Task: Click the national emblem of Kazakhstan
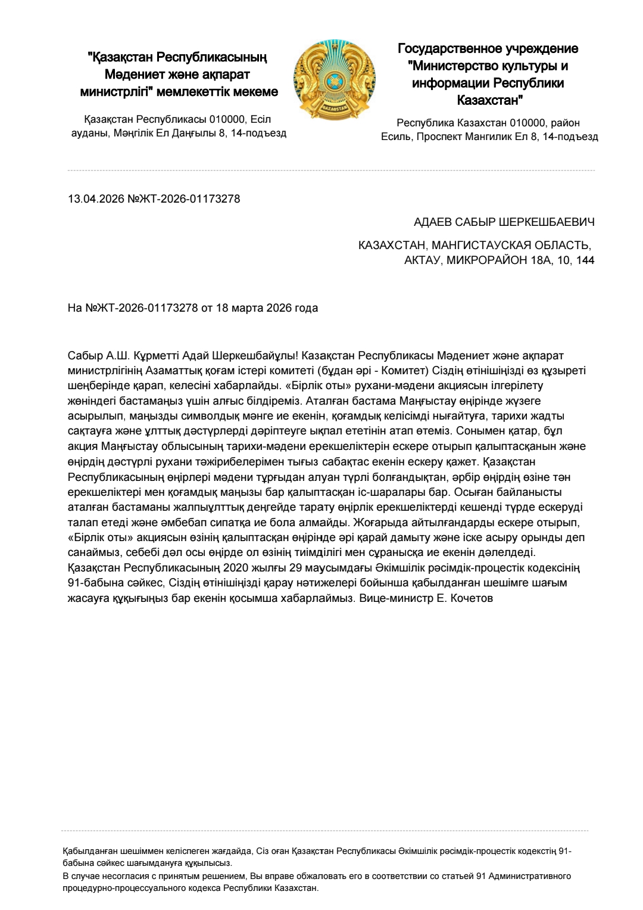(x=334, y=80)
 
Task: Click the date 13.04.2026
(x=96, y=199)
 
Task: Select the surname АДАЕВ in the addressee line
(x=433, y=222)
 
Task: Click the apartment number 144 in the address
(x=585, y=260)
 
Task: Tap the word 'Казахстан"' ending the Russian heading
(x=488, y=100)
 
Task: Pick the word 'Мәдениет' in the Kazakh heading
(x=133, y=74)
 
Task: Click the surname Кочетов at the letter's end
(x=471, y=598)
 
